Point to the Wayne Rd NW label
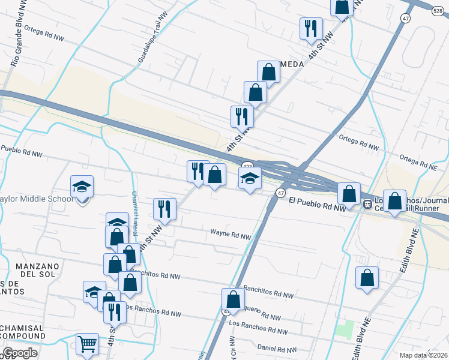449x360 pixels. [x=230, y=234]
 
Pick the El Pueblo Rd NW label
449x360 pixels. [x=318, y=204]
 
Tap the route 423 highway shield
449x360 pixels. [x=247, y=166]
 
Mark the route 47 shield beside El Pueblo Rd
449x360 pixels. [x=280, y=193]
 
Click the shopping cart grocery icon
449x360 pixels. [x=87, y=344]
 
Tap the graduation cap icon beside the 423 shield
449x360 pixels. [x=250, y=178]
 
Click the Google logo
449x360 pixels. [x=20, y=353]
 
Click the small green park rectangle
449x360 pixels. [x=345, y=329]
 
